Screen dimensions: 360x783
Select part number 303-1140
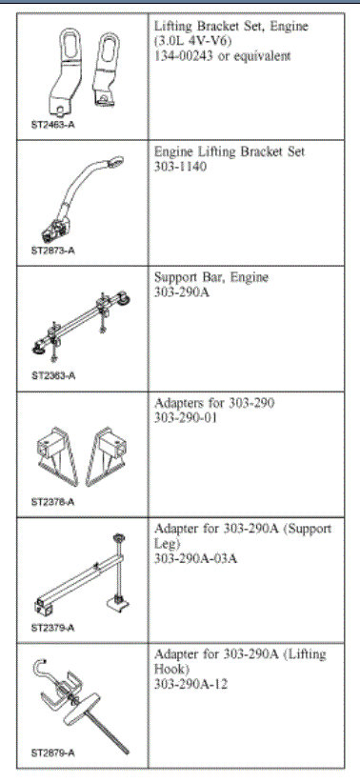coord(181,166)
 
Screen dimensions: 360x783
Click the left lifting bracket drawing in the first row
coord(70,61)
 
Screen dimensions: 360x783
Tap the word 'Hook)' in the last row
coord(172,669)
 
